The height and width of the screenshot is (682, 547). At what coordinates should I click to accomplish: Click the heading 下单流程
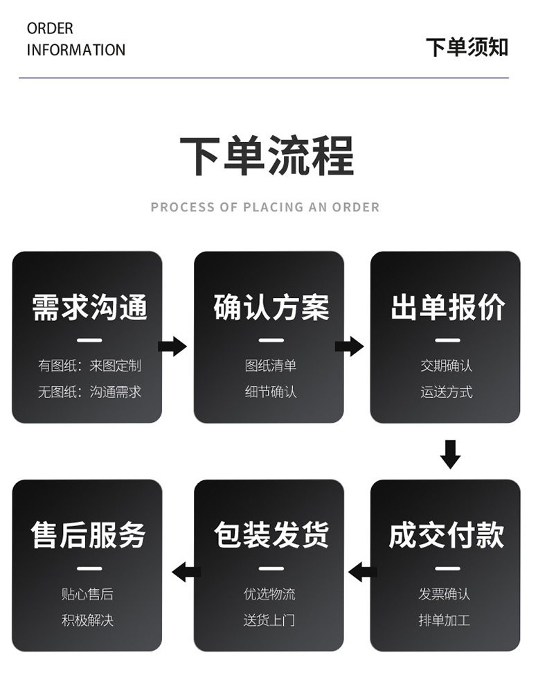click(x=267, y=156)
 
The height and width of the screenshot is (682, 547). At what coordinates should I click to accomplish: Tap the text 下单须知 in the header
click(x=467, y=47)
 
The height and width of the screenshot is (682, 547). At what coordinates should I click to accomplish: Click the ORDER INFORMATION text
click(x=75, y=40)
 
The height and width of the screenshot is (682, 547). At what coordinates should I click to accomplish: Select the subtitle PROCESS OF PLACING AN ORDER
click(x=265, y=207)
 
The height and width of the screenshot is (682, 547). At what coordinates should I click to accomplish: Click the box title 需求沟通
click(x=90, y=308)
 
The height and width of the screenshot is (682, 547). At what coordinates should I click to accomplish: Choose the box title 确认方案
click(x=271, y=308)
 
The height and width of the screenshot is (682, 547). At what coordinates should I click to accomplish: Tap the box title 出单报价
click(x=447, y=308)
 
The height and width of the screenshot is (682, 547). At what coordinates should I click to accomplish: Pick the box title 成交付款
click(x=447, y=536)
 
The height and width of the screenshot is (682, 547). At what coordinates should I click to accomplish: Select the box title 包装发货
click(x=271, y=536)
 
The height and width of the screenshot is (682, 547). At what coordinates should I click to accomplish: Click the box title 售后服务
click(x=89, y=536)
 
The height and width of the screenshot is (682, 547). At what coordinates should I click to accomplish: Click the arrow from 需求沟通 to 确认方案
click(x=172, y=346)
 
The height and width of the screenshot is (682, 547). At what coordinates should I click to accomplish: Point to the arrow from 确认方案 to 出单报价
click(x=350, y=346)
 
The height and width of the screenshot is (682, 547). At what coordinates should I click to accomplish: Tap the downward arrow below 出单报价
click(x=451, y=453)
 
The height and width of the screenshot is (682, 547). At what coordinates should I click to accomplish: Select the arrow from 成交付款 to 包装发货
click(x=363, y=572)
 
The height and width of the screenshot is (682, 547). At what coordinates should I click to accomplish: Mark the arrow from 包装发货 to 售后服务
click(x=186, y=572)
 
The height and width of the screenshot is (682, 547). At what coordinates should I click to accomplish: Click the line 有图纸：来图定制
click(x=89, y=365)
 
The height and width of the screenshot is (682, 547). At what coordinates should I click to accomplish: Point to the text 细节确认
click(x=271, y=392)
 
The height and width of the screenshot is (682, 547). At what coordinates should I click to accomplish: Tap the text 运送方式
click(x=447, y=392)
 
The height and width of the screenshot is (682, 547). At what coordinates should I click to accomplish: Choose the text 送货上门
click(x=269, y=620)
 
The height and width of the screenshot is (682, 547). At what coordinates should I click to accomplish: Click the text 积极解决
click(x=87, y=620)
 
